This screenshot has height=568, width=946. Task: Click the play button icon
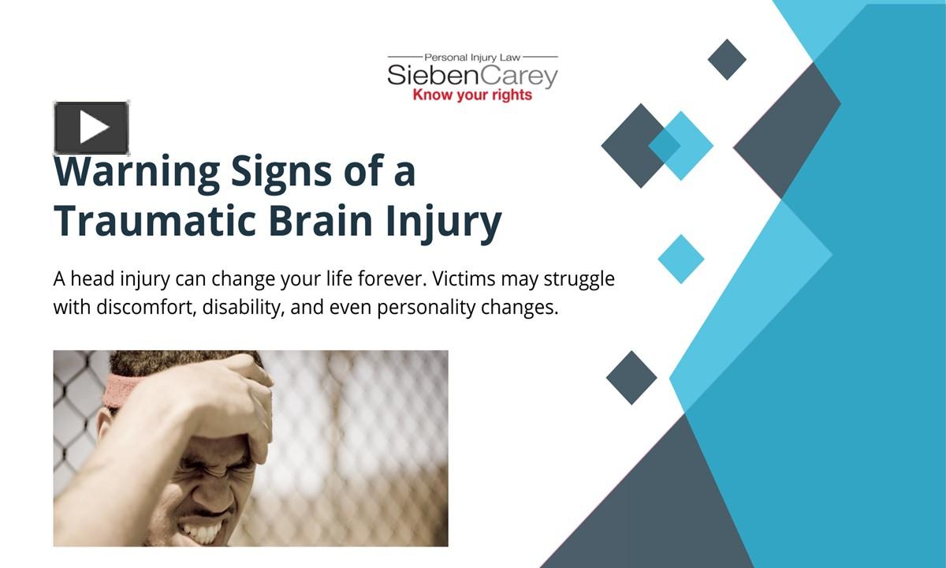coord(91,128)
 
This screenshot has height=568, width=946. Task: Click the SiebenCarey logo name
coord(472,77)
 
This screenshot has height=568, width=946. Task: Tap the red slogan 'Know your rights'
coord(472,95)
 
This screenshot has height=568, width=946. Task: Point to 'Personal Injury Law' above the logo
coord(472,58)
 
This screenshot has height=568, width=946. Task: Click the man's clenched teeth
coord(204,531)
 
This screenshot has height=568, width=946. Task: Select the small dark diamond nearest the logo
coord(727,59)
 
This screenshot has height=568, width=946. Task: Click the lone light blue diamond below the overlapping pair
coord(680,259)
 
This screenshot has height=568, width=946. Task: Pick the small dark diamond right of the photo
coord(631,378)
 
